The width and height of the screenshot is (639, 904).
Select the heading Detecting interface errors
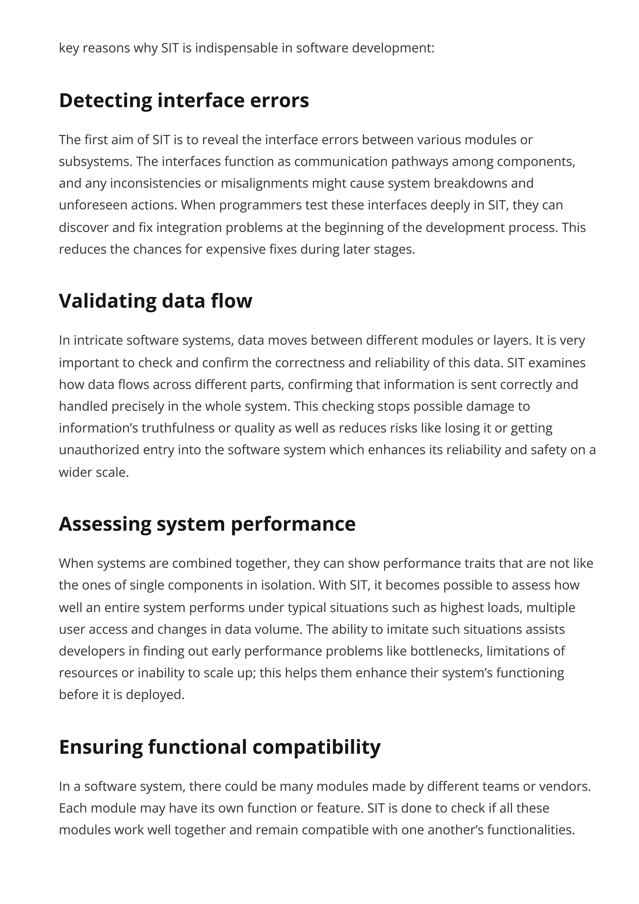click(x=184, y=100)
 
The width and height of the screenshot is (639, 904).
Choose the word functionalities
click(x=531, y=830)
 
